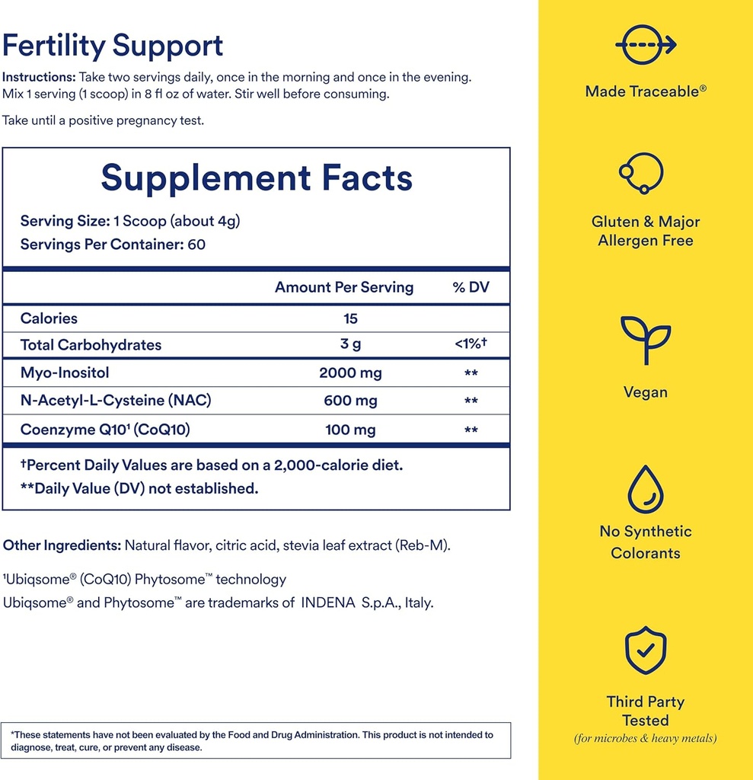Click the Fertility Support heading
(113, 46)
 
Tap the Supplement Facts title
(257, 177)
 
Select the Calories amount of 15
(350, 318)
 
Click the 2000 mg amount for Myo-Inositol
(350, 372)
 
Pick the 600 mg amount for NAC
(350, 401)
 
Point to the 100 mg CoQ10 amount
(350, 430)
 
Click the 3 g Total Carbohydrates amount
(350, 344)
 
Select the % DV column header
(471, 287)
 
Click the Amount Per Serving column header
(344, 287)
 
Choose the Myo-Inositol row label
(65, 372)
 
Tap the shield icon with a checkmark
(645, 652)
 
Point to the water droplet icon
(645, 490)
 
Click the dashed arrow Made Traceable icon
(645, 45)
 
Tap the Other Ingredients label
(62, 545)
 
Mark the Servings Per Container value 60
(197, 245)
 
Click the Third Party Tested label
(645, 711)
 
